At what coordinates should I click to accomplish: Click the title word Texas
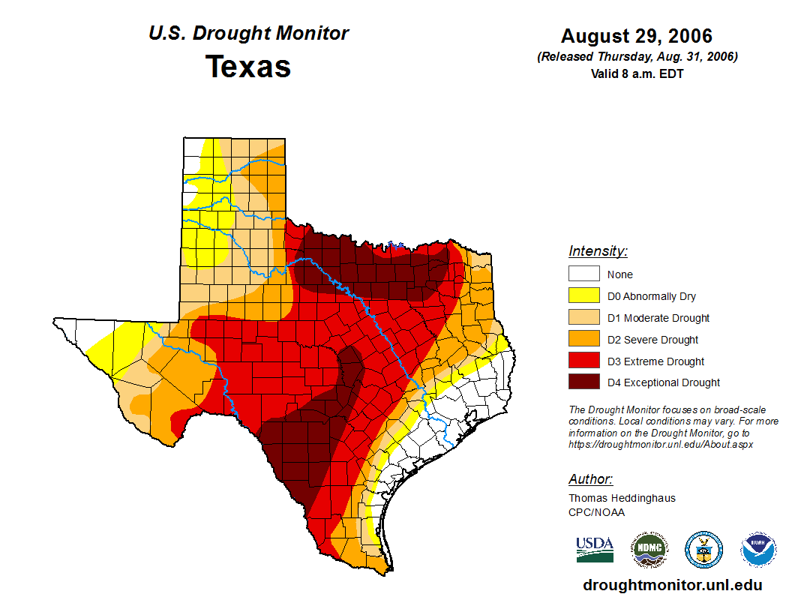[248, 67]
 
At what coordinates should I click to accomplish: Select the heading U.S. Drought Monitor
[248, 34]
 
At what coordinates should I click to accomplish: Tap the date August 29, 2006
[637, 36]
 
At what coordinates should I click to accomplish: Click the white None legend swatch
[583, 274]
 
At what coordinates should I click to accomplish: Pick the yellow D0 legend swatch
[583, 296]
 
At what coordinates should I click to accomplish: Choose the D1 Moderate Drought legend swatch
[583, 318]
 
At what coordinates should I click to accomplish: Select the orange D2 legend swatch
[583, 340]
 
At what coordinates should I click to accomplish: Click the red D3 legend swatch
[583, 361]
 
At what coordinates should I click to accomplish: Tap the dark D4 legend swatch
[583, 382]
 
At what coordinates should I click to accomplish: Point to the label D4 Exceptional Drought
[664, 382]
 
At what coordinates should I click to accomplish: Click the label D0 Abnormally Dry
[652, 296]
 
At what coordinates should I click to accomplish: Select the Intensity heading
[598, 251]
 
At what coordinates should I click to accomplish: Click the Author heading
[590, 479]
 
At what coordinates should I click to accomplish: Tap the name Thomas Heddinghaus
[622, 498]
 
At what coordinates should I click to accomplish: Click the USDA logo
[595, 549]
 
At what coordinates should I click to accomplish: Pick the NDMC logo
[649, 550]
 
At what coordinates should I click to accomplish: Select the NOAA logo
[759, 550]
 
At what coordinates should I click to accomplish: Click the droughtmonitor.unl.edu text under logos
[672, 585]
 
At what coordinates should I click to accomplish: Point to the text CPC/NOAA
[596, 512]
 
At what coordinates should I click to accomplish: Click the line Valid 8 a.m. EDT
[637, 73]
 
